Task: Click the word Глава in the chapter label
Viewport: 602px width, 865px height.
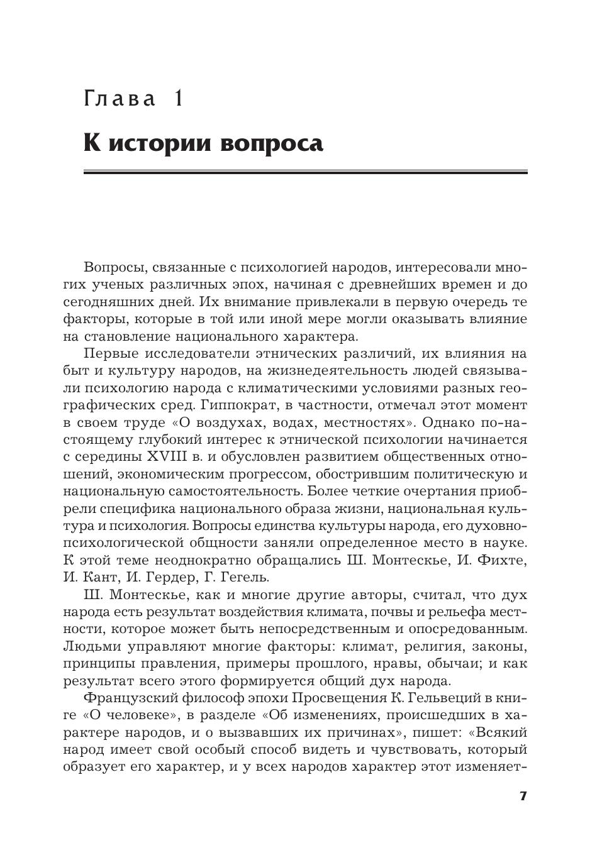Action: pyautogui.click(x=120, y=99)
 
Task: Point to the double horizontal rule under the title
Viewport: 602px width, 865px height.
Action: pyautogui.click(x=305, y=172)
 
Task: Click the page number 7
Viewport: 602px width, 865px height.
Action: pyautogui.click(x=522, y=796)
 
